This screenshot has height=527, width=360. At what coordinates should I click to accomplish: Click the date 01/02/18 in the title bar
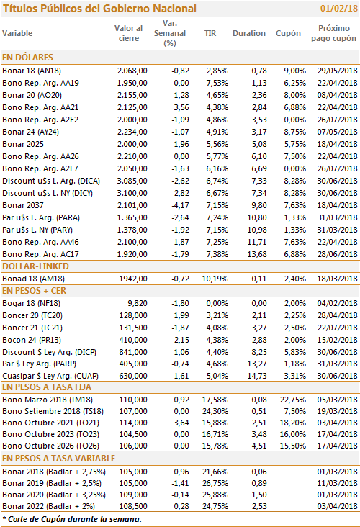click(x=338, y=8)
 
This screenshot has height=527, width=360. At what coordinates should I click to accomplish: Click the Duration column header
click(x=248, y=33)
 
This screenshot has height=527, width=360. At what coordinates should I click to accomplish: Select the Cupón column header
click(x=288, y=34)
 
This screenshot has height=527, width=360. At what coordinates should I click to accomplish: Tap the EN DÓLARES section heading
click(x=27, y=57)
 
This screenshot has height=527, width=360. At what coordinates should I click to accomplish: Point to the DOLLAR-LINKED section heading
click(x=35, y=266)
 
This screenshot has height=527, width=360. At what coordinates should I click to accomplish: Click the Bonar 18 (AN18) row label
click(x=32, y=71)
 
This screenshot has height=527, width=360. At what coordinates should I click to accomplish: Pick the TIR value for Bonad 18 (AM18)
click(x=215, y=279)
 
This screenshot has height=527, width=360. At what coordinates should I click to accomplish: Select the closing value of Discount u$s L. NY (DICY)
click(x=132, y=193)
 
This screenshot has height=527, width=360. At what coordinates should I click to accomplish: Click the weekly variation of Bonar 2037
click(x=180, y=205)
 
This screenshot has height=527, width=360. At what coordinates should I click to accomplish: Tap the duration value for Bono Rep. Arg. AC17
click(x=257, y=254)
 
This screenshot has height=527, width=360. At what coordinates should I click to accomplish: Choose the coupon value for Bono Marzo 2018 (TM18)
click(x=293, y=400)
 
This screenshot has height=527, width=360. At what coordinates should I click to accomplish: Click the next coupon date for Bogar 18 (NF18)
click(x=337, y=303)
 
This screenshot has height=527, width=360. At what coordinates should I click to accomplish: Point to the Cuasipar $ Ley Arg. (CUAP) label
click(x=50, y=376)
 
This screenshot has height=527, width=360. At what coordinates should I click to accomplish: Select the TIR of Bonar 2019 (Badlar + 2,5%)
click(x=215, y=483)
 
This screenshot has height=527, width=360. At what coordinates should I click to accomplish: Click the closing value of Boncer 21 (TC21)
click(x=133, y=328)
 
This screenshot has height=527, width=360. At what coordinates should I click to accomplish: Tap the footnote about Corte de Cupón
click(x=72, y=519)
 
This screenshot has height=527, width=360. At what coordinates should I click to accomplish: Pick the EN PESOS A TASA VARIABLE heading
click(x=58, y=459)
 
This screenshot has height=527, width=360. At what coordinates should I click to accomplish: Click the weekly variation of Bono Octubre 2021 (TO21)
click(x=181, y=423)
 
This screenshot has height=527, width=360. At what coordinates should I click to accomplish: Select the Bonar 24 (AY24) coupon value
click(x=294, y=132)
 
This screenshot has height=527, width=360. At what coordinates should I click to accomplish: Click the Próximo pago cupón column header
click(x=333, y=33)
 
